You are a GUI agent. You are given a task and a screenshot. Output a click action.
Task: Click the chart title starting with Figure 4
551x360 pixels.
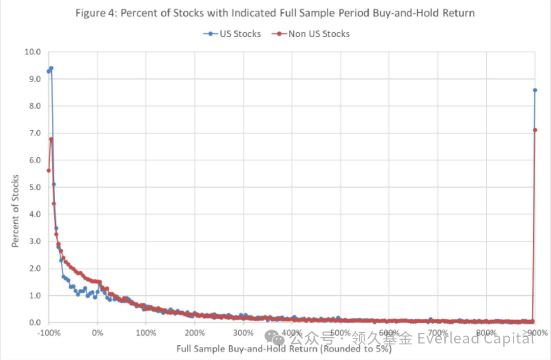pos(275,13)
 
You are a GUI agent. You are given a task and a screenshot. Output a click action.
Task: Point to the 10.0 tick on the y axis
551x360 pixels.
pos(33,52)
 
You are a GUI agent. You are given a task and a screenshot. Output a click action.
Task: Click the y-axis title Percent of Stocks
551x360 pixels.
pos(16,211)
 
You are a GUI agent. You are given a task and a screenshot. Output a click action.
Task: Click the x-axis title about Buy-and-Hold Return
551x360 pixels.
pos(284,349)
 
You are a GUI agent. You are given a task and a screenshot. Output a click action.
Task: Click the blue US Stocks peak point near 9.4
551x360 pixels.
pos(51,68)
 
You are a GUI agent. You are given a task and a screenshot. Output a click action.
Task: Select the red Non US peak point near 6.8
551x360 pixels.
pos(51,139)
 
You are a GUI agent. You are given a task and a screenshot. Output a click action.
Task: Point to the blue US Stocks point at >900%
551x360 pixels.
pos(535,90)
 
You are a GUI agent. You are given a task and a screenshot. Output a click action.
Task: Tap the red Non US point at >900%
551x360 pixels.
pos(535,130)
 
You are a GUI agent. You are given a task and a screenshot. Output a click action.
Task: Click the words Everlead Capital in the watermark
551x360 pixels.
pos(475,338)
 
